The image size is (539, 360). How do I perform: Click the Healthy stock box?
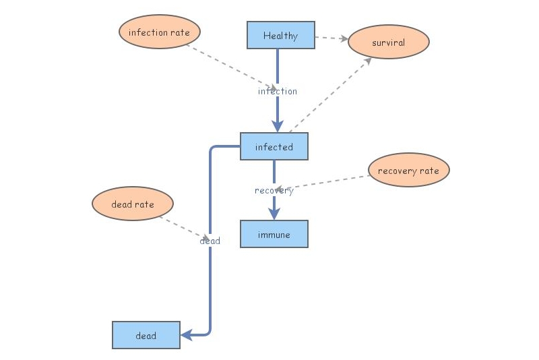[281, 36]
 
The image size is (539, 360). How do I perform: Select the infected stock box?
[274, 146]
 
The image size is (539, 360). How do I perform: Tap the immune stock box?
[274, 234]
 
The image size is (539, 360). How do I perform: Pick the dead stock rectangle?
[146, 335]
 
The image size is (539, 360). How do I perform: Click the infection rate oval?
[160, 32]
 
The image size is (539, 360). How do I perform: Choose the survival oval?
[389, 42]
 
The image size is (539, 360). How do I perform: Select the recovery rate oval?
[408, 171]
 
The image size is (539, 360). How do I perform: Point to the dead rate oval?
[133, 204]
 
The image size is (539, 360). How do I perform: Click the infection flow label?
[277, 91]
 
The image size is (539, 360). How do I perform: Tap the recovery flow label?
[274, 191]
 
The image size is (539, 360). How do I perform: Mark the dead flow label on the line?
[210, 241]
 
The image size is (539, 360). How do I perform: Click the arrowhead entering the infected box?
[277, 126]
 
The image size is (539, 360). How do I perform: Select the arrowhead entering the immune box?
[274, 213]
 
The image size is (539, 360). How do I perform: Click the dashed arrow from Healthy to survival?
[331, 38]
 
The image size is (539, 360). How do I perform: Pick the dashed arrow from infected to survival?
[330, 94]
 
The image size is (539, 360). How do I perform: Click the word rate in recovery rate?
[429, 171]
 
